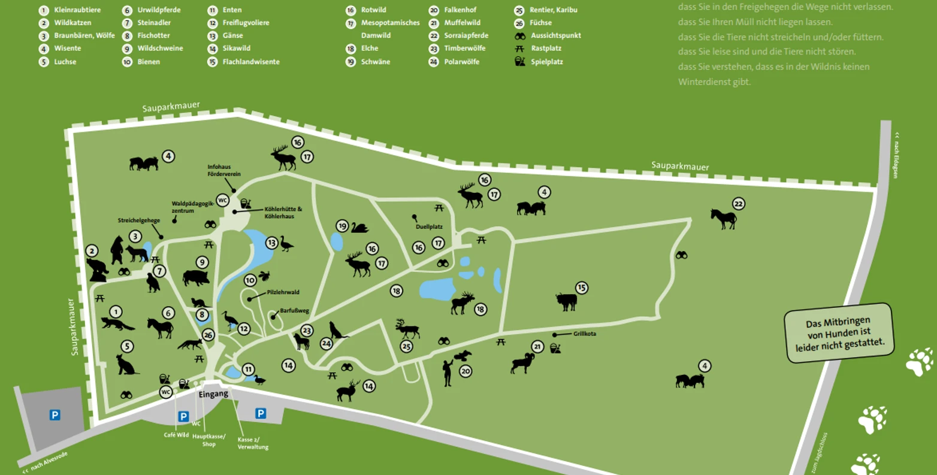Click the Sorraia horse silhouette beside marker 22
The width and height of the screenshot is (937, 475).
(x=723, y=218)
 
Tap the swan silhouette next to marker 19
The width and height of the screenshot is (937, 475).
(x=359, y=228)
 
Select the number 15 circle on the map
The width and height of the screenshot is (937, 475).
(x=581, y=288)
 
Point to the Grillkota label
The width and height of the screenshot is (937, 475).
(x=584, y=334)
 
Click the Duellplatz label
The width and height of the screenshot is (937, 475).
(x=429, y=227)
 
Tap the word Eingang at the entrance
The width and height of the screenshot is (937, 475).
(x=213, y=394)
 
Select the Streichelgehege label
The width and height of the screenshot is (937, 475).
(x=138, y=220)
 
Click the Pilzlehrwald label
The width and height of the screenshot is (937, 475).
(x=283, y=292)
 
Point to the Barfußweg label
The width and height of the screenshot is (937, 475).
(x=294, y=311)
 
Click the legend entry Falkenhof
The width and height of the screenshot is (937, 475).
(x=460, y=10)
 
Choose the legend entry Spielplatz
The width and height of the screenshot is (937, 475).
(x=546, y=62)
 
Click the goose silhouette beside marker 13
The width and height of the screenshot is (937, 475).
(x=286, y=244)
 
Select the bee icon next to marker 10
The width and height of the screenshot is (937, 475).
(x=264, y=276)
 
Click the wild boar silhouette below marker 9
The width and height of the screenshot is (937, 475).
(x=196, y=278)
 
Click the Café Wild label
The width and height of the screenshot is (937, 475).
(x=176, y=435)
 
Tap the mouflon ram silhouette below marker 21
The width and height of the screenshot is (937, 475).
(x=522, y=362)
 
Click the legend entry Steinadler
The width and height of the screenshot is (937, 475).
(x=154, y=23)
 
